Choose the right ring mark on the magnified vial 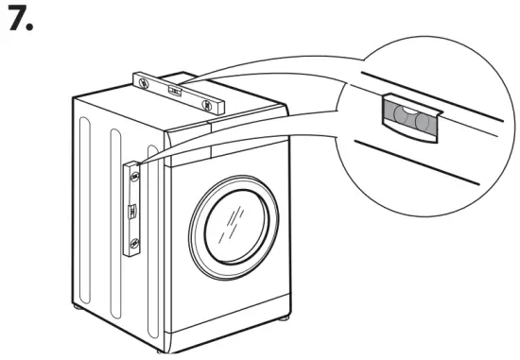pyautogui.click(x=423, y=122)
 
